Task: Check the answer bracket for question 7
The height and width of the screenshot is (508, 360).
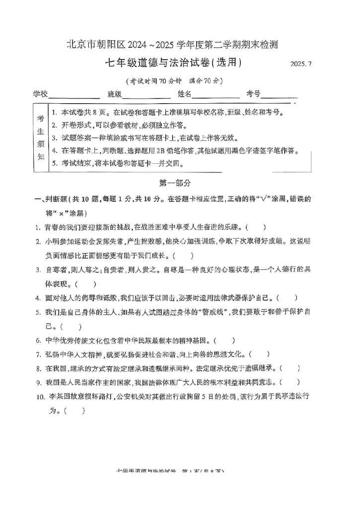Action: point(260,355)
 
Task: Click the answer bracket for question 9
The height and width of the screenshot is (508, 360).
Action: point(290,382)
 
